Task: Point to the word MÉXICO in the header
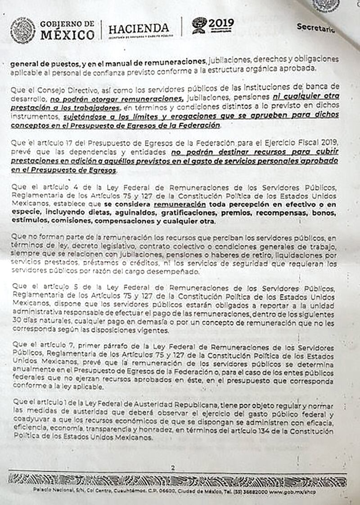point(67,35)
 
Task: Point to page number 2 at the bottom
point(172,468)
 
